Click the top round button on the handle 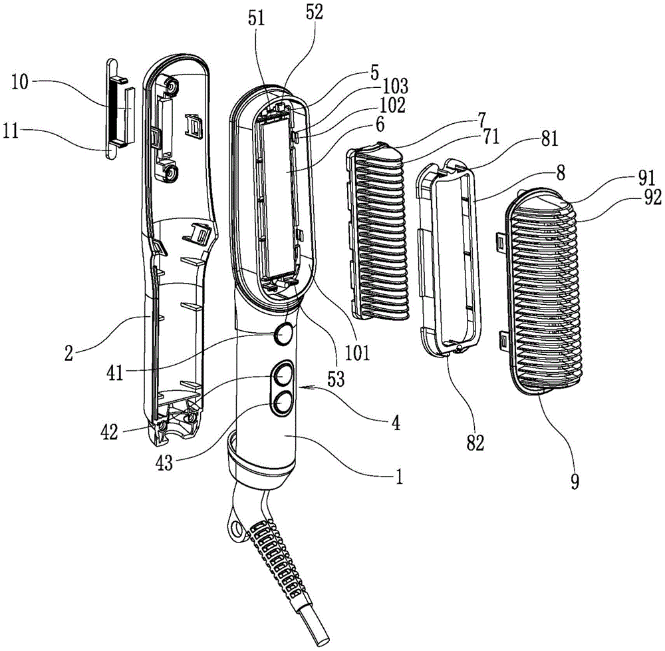tap(284, 333)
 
